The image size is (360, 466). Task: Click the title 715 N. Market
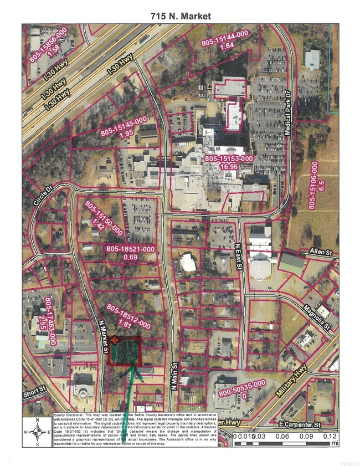click(x=181, y=17)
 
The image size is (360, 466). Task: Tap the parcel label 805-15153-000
click(x=229, y=158)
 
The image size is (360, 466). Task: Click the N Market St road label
click(x=104, y=337)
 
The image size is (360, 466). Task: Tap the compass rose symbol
click(x=37, y=431)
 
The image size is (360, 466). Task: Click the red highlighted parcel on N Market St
click(x=125, y=351)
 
